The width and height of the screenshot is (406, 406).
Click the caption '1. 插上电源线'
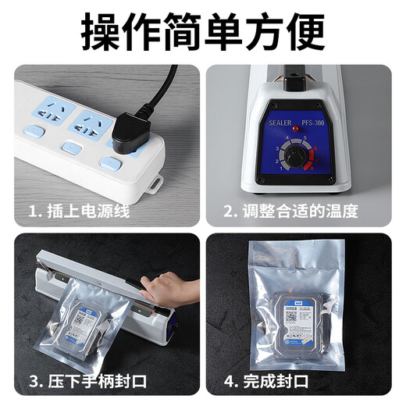pos(80,211)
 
